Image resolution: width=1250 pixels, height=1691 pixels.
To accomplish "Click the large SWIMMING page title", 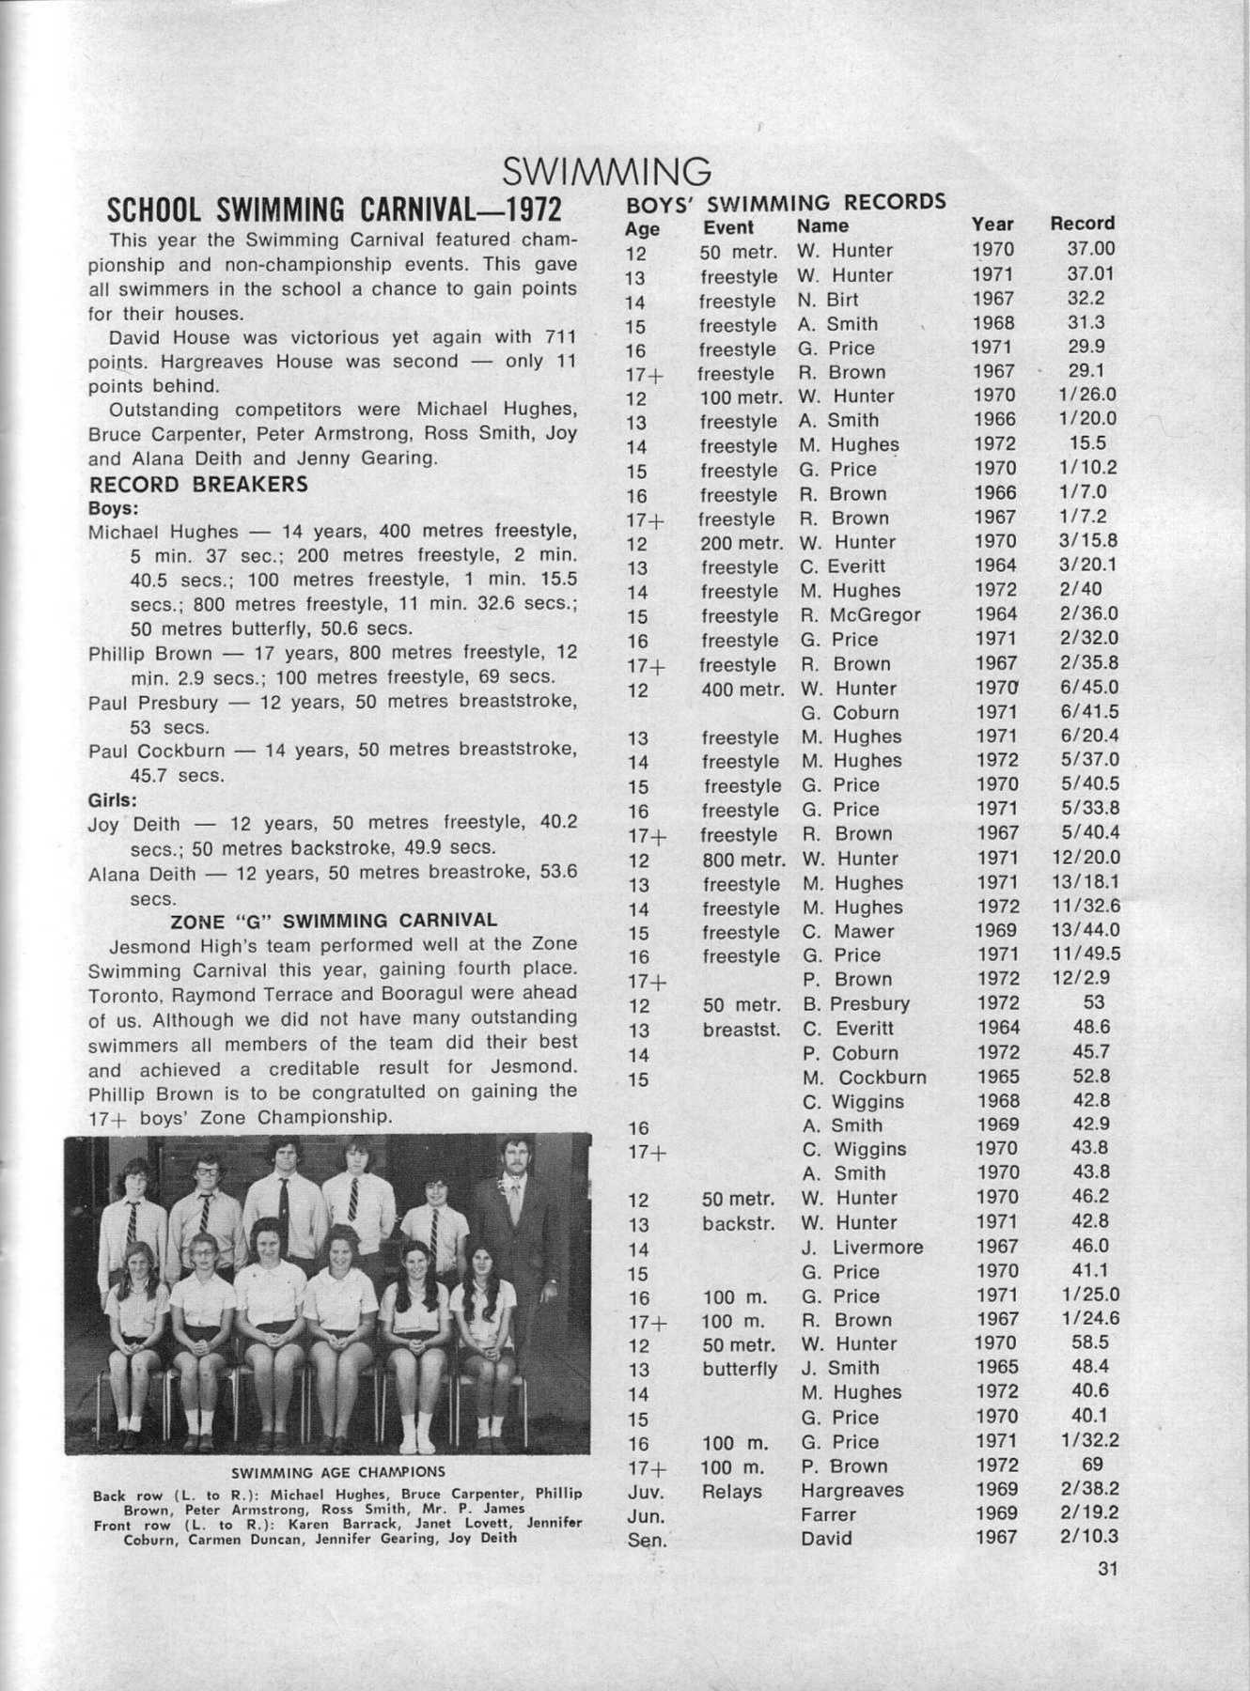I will (x=606, y=172).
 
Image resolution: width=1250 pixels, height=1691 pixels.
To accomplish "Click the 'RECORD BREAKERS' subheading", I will (x=198, y=485).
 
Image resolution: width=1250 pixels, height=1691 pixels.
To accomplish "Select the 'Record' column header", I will (x=1082, y=224).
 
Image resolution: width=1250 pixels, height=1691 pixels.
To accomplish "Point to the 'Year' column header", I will (x=992, y=225).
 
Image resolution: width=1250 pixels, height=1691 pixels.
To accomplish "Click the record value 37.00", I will (x=1090, y=249).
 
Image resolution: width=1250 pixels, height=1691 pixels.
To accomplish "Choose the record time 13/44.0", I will (x=1086, y=930).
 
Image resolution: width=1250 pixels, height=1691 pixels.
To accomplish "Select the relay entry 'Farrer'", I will (x=828, y=1514).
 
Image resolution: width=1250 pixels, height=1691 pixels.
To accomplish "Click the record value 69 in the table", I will (x=1092, y=1465).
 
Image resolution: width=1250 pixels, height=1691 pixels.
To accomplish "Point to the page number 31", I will (x=1107, y=1568).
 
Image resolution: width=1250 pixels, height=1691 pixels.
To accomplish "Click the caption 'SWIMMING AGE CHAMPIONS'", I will (x=338, y=1472).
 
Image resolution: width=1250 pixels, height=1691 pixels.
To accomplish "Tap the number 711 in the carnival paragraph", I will (x=557, y=337).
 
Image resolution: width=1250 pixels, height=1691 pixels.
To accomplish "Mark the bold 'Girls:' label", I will (x=112, y=800).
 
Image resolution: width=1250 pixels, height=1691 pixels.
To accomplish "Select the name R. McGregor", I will (x=861, y=615).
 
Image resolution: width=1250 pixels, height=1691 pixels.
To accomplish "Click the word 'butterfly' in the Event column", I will (x=740, y=1369).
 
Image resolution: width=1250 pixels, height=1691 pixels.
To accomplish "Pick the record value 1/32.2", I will (x=1088, y=1440).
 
